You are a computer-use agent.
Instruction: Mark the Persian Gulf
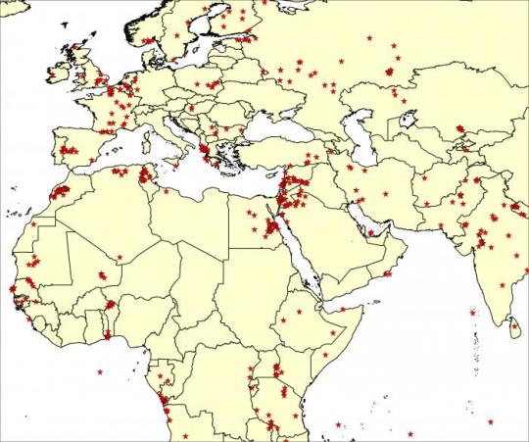pos(361,215)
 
